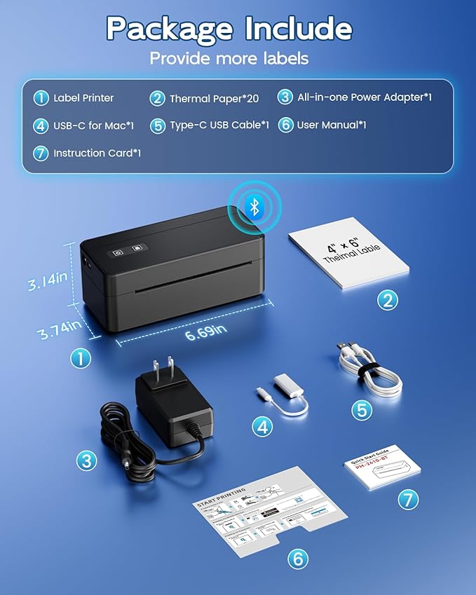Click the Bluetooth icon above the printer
255,206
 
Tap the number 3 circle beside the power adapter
86,461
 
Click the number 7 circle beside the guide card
408,499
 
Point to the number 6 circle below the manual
298,559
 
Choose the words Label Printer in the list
83,98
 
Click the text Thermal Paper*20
214,99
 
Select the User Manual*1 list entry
332,125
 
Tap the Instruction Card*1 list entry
97,153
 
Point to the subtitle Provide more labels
229,58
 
